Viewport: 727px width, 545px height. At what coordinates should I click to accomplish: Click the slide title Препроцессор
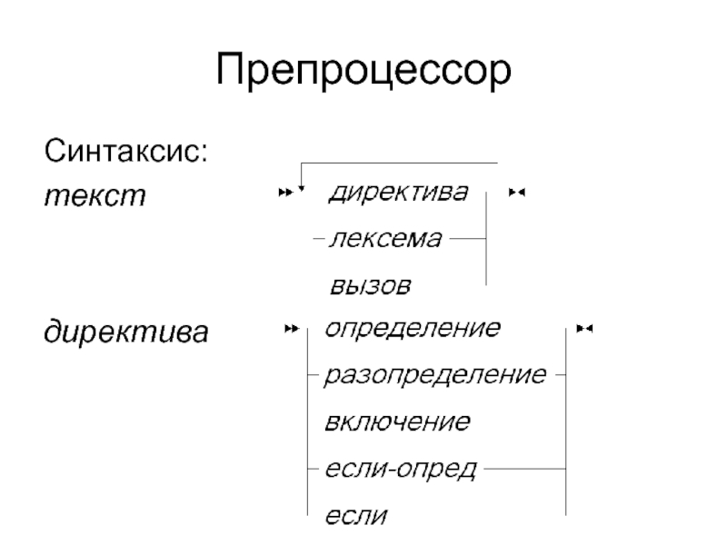363,70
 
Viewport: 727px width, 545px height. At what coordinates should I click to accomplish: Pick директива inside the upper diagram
399,193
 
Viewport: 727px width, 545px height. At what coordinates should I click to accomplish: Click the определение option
412,327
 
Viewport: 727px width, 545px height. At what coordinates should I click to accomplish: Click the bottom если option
355,517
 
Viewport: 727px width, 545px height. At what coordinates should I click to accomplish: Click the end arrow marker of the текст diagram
518,193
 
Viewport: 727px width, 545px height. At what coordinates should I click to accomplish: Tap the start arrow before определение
291,328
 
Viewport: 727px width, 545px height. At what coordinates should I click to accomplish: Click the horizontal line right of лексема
466,240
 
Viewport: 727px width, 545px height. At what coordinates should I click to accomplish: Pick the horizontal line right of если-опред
522,469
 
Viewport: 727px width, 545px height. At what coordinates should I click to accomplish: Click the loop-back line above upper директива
400,163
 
